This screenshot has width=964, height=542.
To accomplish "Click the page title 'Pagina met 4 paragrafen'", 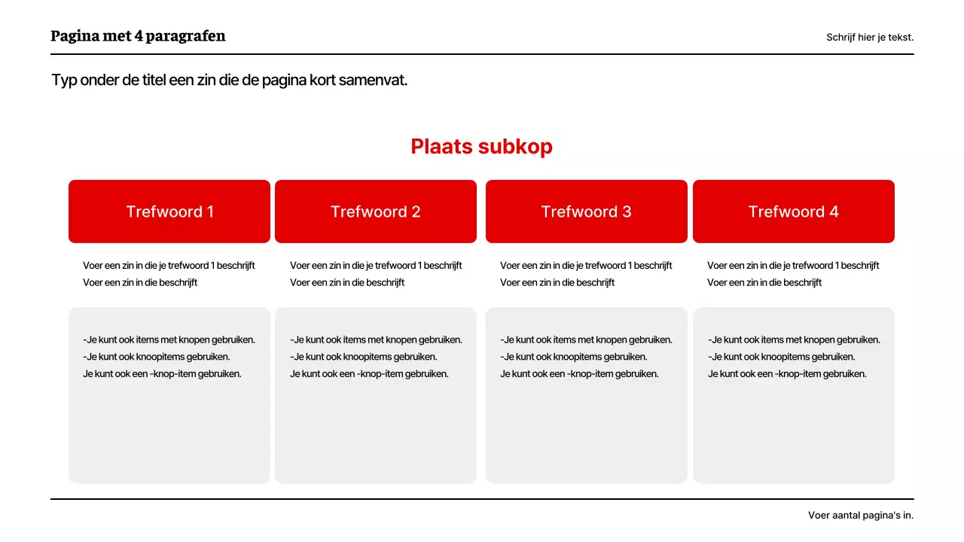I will point(138,36).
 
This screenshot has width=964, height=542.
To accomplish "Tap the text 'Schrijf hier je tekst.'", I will point(869,37).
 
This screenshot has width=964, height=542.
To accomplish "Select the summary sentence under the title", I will point(229,81).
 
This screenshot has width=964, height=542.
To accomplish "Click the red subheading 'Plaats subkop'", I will point(481,147).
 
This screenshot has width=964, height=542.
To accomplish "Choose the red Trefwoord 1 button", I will point(169,212).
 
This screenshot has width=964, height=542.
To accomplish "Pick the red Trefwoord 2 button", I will point(376,212).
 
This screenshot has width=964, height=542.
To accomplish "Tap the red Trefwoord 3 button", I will point(586,212).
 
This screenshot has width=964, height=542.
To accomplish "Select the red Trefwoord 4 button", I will point(793,212).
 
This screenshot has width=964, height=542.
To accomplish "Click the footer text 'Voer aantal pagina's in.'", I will point(860,516).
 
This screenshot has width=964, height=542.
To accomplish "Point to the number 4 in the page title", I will point(139,36).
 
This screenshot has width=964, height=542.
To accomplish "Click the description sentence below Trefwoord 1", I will point(169,266).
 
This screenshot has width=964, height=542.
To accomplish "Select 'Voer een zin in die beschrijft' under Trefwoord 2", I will point(347,283).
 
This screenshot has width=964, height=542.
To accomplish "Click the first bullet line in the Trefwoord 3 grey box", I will point(586,340).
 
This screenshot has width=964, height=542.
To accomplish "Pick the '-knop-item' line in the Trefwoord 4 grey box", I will point(787,374).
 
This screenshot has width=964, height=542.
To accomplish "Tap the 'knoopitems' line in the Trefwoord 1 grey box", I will point(157,357).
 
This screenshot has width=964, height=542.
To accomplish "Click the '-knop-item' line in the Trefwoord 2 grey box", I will point(369,374).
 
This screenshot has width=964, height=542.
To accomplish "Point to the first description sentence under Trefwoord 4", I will point(793,266).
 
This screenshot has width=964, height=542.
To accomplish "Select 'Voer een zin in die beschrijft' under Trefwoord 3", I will point(557,283).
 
